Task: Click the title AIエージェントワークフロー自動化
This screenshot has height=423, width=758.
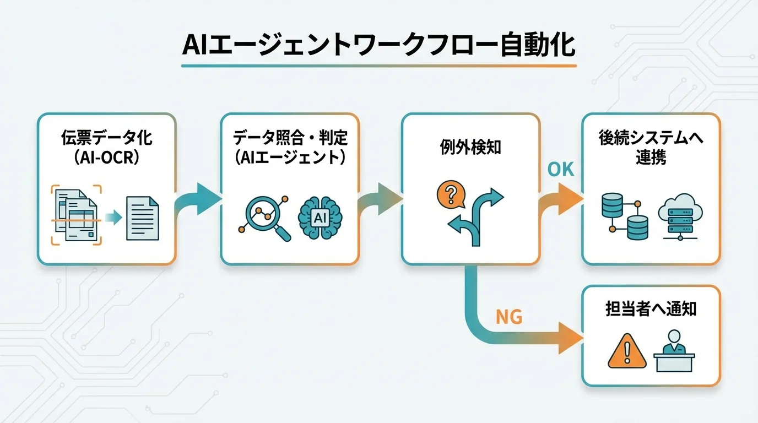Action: coord(378,47)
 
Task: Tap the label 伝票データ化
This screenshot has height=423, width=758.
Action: coord(106,138)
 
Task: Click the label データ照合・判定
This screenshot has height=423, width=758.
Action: coord(290,138)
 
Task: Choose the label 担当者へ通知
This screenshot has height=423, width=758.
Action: coord(651,309)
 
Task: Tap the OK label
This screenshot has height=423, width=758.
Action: coord(561,170)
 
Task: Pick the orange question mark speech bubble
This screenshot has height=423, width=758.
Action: coord(450,194)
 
